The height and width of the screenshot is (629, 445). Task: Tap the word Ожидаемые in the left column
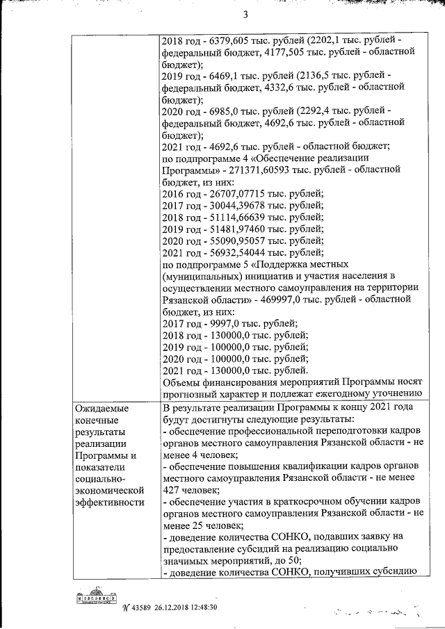click(x=101, y=408)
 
